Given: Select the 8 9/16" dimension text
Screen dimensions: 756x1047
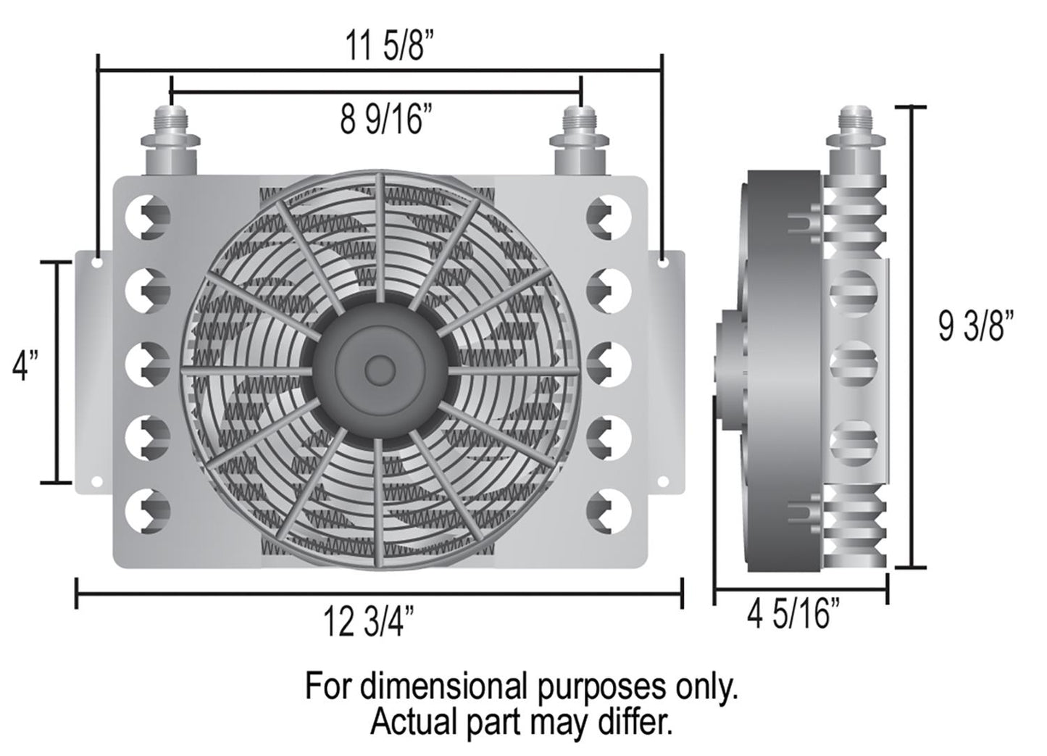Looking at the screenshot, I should (x=380, y=120).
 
